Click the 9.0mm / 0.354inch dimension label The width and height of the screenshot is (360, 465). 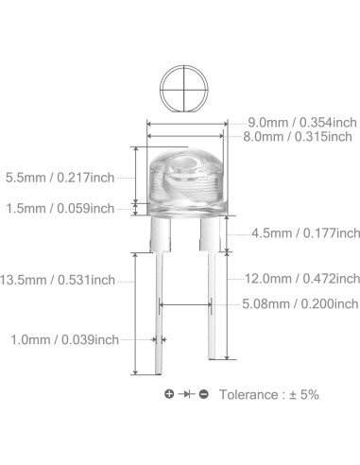click(302, 122)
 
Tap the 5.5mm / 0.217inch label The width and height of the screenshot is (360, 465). click(59, 177)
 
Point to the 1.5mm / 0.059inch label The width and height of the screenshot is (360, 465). click(59, 208)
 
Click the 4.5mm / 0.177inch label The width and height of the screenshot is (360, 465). click(305, 232)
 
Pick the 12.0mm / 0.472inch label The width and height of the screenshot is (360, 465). click(302, 279)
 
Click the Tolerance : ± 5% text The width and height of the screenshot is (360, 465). click(269, 393)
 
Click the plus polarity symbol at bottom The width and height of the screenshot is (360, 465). click(169, 393)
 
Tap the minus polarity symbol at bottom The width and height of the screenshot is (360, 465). click(204, 393)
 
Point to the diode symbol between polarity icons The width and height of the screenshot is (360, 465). click(187, 393)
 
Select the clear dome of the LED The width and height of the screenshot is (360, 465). click(184, 170)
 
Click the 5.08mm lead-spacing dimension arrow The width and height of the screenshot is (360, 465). click(186, 304)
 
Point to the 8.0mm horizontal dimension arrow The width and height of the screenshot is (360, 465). click(184, 136)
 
